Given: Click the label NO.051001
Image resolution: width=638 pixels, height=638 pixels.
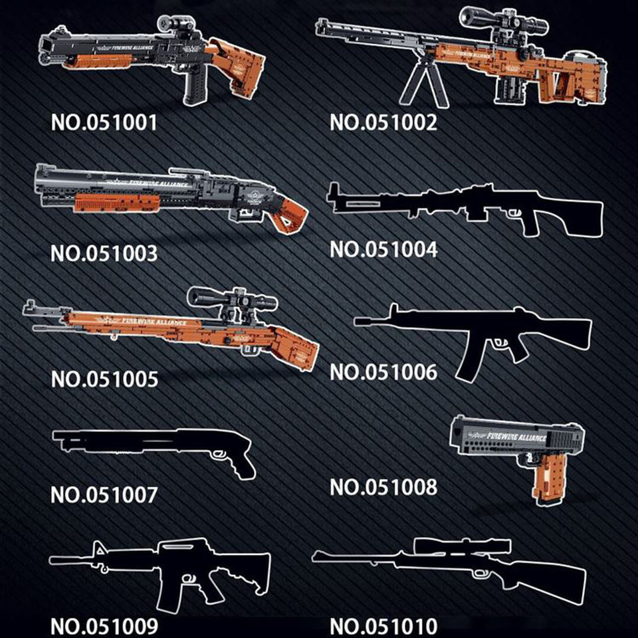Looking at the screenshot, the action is tap(104, 123).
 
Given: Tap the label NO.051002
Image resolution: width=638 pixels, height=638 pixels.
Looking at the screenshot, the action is tap(383, 123).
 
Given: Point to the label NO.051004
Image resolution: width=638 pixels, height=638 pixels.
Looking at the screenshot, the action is tap(383, 249).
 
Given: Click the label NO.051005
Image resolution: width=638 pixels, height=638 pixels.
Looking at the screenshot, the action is tap(104, 379).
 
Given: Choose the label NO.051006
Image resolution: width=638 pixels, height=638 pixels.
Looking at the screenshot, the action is tap(383, 373).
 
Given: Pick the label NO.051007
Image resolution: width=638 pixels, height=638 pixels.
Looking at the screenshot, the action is tap(104, 495).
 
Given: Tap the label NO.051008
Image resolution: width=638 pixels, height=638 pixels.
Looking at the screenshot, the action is tap(383, 487).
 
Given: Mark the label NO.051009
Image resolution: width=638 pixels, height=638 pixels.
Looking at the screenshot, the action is tap(104, 626).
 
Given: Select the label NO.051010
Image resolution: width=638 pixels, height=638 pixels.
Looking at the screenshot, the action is tap(383, 626).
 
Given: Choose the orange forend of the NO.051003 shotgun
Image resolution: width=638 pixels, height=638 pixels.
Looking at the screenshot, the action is tap(117, 202).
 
